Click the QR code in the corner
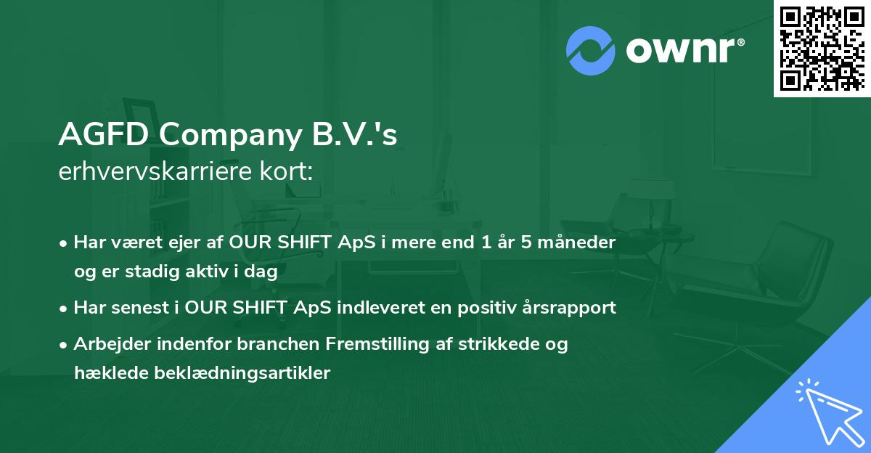(x=822, y=49)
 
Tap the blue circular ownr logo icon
(x=591, y=51)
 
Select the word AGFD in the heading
(x=104, y=134)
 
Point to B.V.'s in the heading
(x=356, y=134)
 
